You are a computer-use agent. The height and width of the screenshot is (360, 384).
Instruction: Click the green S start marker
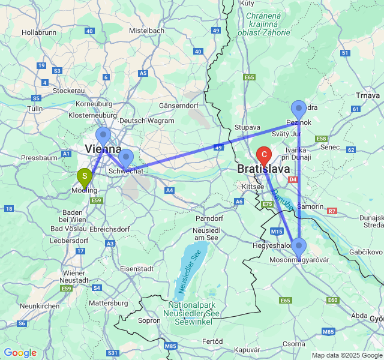click(x=85, y=177)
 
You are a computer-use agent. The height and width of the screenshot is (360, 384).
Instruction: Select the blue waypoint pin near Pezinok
click(x=299, y=110)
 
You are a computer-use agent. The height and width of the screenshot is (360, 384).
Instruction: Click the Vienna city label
click(x=103, y=149)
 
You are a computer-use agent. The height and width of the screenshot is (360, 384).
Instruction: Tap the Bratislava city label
click(x=264, y=169)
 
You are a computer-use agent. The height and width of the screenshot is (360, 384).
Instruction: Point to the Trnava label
click(x=368, y=95)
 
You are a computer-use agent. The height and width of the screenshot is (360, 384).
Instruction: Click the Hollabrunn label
click(x=39, y=32)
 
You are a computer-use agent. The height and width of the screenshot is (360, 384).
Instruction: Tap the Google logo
click(x=20, y=353)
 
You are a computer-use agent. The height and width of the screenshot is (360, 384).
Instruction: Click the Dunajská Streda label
click(x=370, y=221)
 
